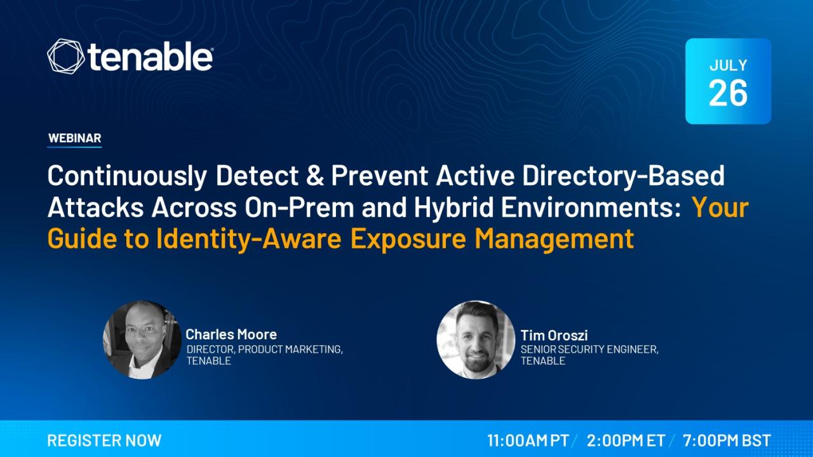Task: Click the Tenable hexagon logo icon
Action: [65, 57]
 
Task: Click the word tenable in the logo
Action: [149, 57]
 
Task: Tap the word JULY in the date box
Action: [728, 65]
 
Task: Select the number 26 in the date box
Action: [728, 93]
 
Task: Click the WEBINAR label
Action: [74, 138]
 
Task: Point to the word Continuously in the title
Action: [127, 177]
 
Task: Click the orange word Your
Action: [720, 207]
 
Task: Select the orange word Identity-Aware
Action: [249, 240]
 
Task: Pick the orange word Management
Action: [554, 240]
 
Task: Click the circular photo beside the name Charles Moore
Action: [142, 340]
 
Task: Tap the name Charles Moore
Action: [231, 334]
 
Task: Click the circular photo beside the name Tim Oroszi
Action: [476, 340]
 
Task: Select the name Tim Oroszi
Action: [554, 335]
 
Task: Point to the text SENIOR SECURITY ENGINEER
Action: [589, 350]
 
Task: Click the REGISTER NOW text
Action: [104, 440]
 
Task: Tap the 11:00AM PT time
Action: [528, 440]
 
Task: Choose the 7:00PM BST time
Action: [727, 440]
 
